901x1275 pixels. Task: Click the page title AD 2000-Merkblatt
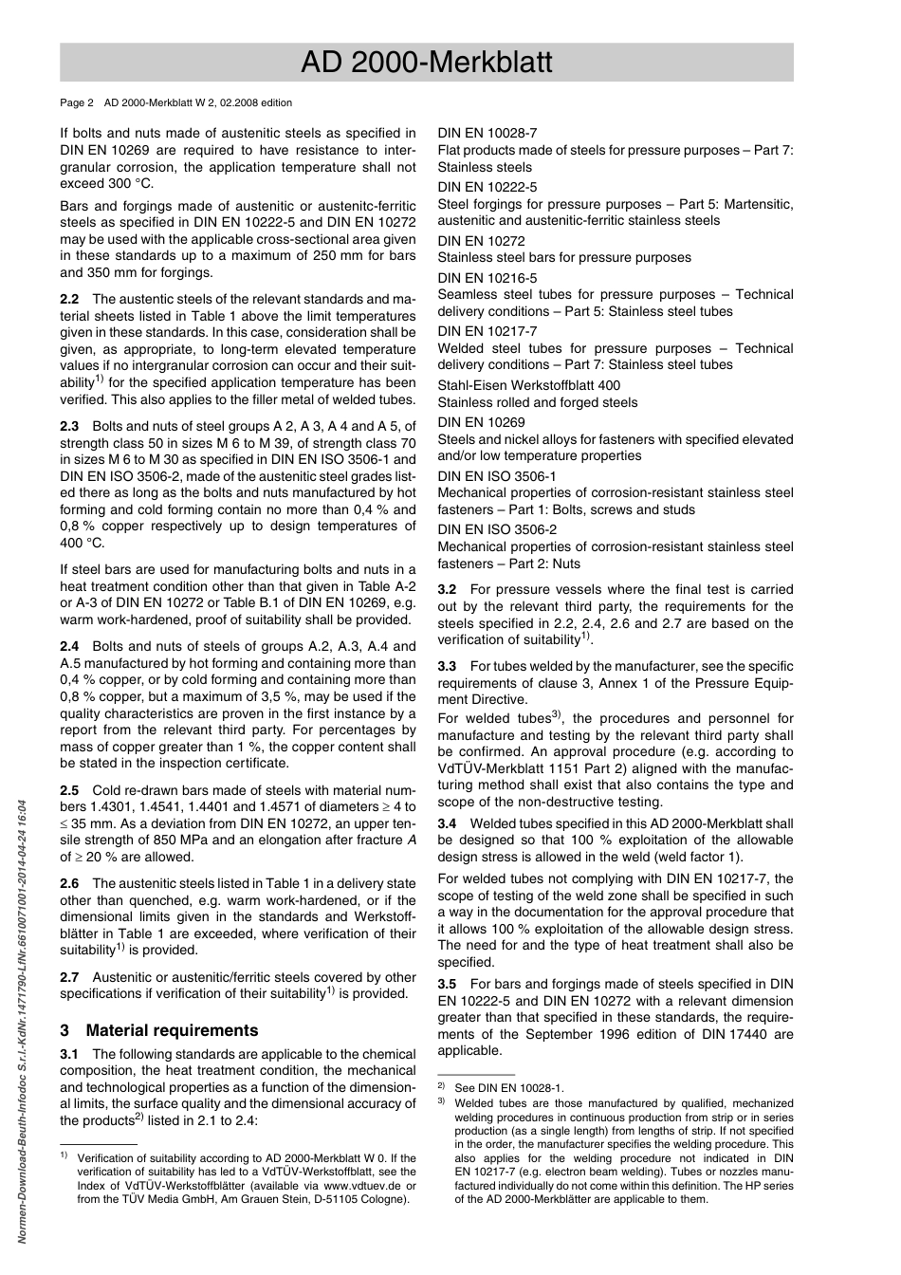pos(426,63)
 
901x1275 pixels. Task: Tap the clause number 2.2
pos(69,299)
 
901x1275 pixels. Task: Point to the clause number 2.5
pos(69,790)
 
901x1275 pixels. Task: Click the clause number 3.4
pos(447,823)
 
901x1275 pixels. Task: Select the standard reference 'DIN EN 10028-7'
pos(487,134)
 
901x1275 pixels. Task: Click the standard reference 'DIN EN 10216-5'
pos(487,278)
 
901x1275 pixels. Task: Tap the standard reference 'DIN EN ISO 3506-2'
pos(497,529)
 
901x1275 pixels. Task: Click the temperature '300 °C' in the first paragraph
pos(130,184)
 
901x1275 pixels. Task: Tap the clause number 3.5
pos(447,984)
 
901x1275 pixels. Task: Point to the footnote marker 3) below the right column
pos(441,1102)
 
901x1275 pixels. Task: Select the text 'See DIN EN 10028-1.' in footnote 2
pos(508,1088)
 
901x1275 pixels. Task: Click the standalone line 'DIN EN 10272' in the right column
pos(481,241)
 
